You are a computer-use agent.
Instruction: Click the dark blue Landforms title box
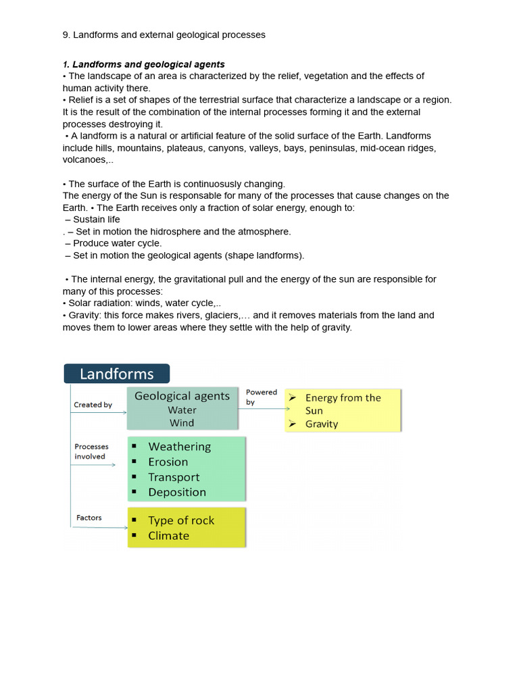tap(116, 374)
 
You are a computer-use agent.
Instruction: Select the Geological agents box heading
tap(182, 396)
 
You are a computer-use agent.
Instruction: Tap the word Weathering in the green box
tap(179, 447)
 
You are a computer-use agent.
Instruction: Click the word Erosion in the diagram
tap(168, 462)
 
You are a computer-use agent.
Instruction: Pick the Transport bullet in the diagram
tap(174, 477)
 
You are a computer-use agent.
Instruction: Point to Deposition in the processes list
tap(177, 493)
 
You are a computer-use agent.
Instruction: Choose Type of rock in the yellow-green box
tap(180, 520)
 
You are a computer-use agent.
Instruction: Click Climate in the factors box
tap(168, 536)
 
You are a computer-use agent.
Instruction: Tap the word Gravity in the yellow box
tap(321, 424)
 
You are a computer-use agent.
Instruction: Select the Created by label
tap(93, 405)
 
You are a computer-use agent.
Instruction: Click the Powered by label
tap(261, 397)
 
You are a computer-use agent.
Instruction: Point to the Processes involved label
tap(91, 451)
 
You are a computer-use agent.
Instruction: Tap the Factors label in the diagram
tap(89, 518)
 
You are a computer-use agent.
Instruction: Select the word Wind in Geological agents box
tap(182, 423)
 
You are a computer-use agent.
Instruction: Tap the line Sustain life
tap(96, 220)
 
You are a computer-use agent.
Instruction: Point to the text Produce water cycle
tap(117, 243)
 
